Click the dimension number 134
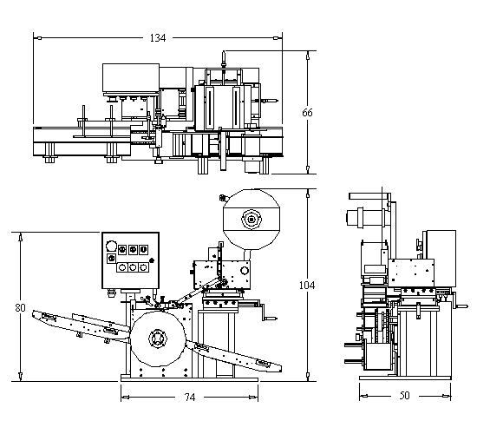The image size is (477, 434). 158,38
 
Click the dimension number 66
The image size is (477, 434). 307,113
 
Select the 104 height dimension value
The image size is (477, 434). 307,286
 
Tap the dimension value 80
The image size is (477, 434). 21,308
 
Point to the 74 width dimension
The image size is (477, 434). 190,398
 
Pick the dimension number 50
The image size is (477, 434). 405,396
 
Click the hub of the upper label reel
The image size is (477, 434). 252,219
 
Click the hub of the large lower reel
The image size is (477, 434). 158,339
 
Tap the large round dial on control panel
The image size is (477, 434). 111,246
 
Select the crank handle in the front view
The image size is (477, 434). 267,312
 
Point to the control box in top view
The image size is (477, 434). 131,77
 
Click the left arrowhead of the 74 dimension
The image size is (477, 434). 125,398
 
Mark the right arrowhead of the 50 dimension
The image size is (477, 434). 447,396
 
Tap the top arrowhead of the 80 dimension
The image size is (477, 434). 21,237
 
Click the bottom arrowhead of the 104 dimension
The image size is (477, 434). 308,377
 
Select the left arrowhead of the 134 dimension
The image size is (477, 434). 37,38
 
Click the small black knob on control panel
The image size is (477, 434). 152,260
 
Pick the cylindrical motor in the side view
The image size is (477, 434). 365,218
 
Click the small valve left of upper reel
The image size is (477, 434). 223,198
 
